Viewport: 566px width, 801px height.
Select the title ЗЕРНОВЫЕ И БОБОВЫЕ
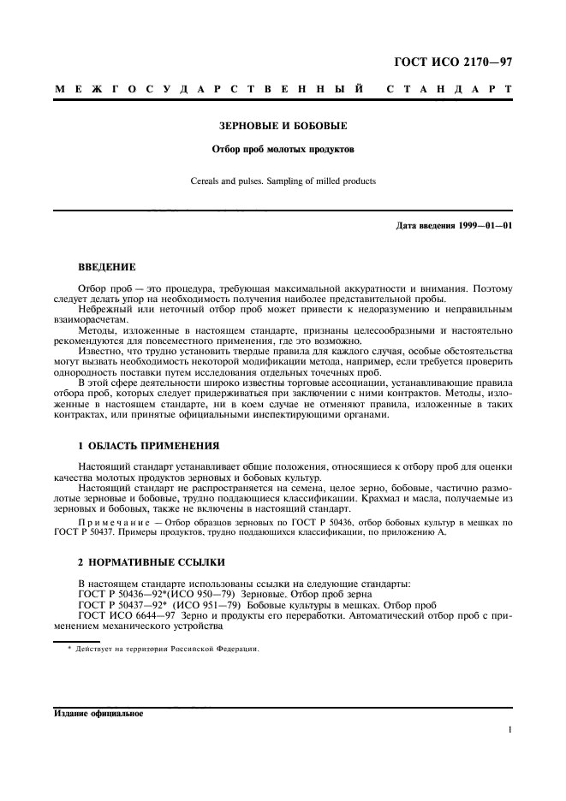283,126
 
